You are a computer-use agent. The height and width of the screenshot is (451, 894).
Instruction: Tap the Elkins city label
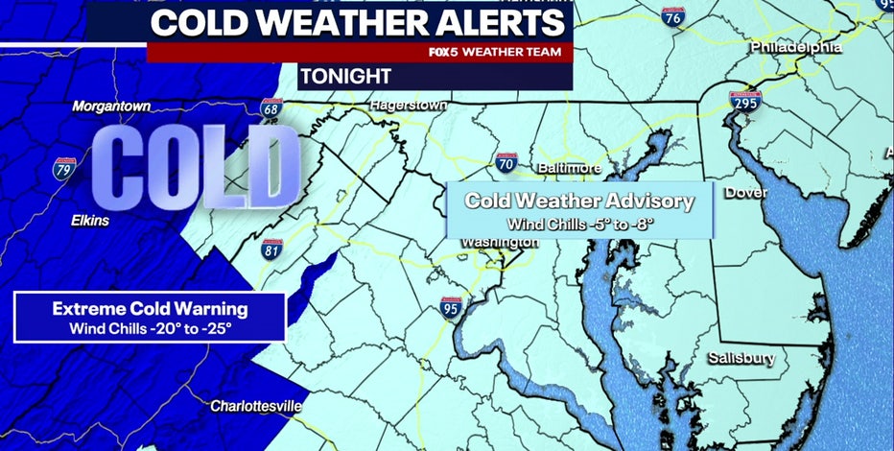point(90,220)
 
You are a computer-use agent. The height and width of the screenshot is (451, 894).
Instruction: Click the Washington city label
point(499,243)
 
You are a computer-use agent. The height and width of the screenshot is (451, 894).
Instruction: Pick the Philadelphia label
point(796,46)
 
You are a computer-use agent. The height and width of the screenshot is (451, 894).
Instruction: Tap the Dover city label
point(745,193)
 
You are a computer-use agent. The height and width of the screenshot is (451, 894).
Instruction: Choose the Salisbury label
point(741,358)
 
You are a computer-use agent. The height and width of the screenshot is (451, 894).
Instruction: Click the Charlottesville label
point(254,405)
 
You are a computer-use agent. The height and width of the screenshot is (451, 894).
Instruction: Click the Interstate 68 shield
point(271,108)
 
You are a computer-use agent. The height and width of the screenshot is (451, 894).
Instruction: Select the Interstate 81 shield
point(273,249)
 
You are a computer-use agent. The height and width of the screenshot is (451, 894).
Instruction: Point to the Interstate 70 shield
point(507,162)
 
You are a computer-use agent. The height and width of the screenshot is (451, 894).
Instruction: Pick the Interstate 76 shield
point(673,16)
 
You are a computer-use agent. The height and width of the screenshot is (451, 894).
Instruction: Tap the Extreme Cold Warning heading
point(150,309)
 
